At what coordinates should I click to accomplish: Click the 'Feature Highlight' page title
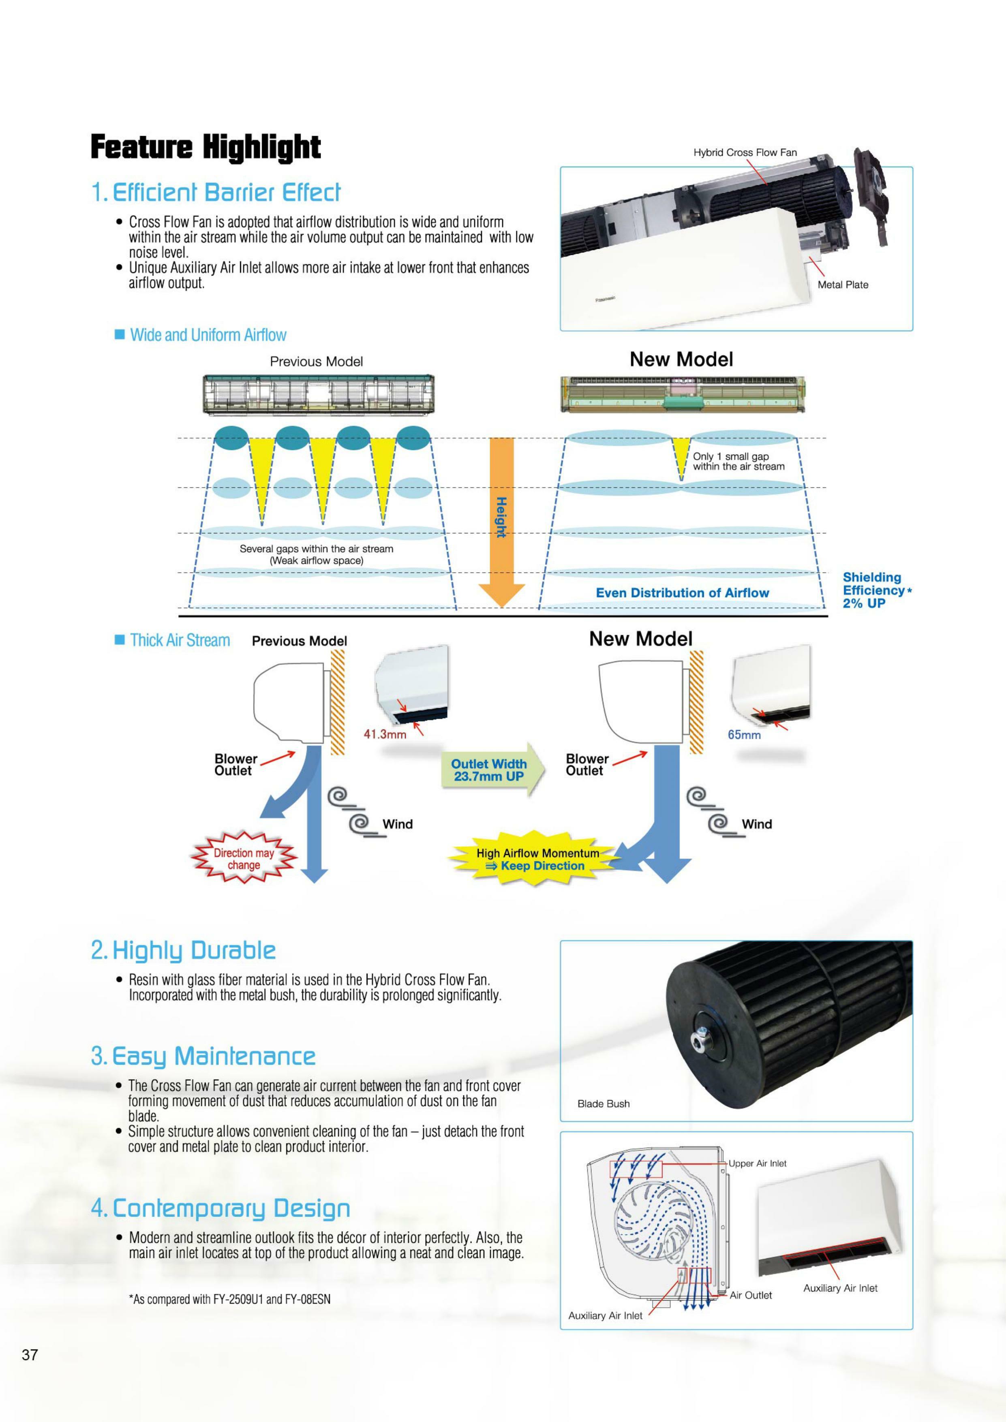[205, 148]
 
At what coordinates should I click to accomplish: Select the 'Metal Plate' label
[843, 285]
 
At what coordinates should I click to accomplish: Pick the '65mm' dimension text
[744, 735]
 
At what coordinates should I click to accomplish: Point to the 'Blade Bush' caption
[604, 1103]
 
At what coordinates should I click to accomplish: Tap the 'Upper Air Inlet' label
[757, 1164]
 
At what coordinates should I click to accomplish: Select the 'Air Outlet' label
[750, 1296]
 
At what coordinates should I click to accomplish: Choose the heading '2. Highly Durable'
[183, 951]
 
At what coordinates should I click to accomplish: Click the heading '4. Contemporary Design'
[220, 1208]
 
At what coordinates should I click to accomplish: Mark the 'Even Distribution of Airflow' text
[682, 593]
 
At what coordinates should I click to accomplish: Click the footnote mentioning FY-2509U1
[229, 1299]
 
